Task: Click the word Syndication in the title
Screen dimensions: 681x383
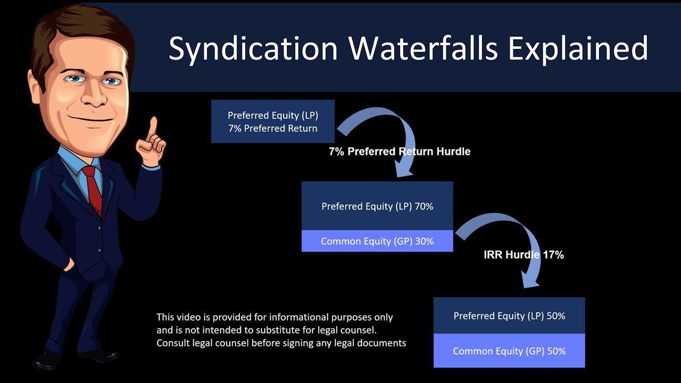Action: tap(253, 48)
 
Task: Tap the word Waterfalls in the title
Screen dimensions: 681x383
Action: tap(423, 48)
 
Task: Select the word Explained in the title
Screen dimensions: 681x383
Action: tap(578, 48)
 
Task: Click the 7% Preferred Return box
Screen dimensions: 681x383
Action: tap(273, 121)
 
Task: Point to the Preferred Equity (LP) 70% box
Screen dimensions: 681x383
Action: tap(377, 206)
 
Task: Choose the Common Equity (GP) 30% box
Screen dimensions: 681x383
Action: tap(377, 241)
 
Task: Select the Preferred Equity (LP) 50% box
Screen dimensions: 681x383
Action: tap(509, 315)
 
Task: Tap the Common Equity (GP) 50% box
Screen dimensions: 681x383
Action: tap(509, 351)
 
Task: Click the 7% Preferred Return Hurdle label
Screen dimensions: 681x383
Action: tap(400, 152)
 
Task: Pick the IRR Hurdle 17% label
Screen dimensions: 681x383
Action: tap(524, 255)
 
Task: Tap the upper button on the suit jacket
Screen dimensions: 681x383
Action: tap(99, 228)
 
